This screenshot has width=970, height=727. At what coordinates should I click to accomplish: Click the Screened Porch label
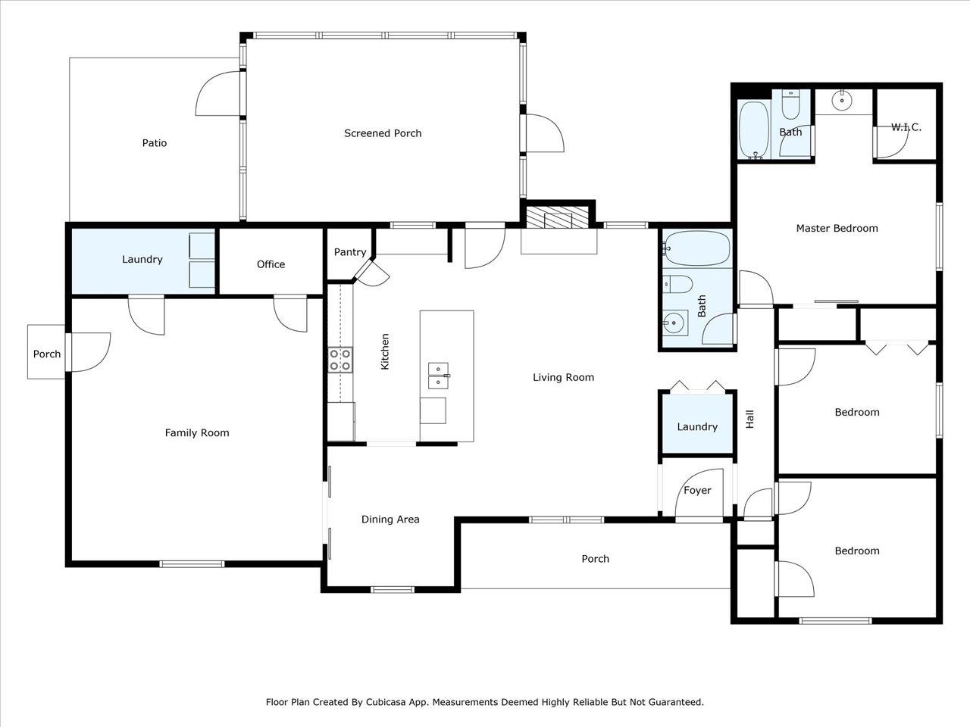383,133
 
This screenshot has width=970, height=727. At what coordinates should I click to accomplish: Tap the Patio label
155,143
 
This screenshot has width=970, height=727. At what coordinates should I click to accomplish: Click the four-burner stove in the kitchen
340,360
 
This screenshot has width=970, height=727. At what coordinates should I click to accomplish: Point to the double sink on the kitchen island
438,376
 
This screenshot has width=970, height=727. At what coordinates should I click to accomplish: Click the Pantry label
350,252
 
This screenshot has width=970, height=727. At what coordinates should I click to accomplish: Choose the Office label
271,264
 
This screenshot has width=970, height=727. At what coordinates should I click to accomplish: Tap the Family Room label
197,433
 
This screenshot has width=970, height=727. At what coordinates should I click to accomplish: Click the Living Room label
564,377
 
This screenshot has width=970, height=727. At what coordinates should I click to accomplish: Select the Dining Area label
390,520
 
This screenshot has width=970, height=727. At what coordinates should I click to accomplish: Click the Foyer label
697,491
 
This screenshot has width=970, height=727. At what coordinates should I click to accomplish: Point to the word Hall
750,420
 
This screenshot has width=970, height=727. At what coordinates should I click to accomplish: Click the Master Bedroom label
837,229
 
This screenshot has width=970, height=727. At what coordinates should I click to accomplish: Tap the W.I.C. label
906,127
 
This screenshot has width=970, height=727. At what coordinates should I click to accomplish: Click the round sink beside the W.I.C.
842,101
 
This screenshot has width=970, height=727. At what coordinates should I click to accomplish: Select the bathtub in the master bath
754,130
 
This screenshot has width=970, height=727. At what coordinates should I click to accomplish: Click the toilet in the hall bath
677,284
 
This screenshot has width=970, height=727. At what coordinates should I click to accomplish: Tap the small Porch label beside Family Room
47,354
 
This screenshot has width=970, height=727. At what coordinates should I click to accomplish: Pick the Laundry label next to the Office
142,260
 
